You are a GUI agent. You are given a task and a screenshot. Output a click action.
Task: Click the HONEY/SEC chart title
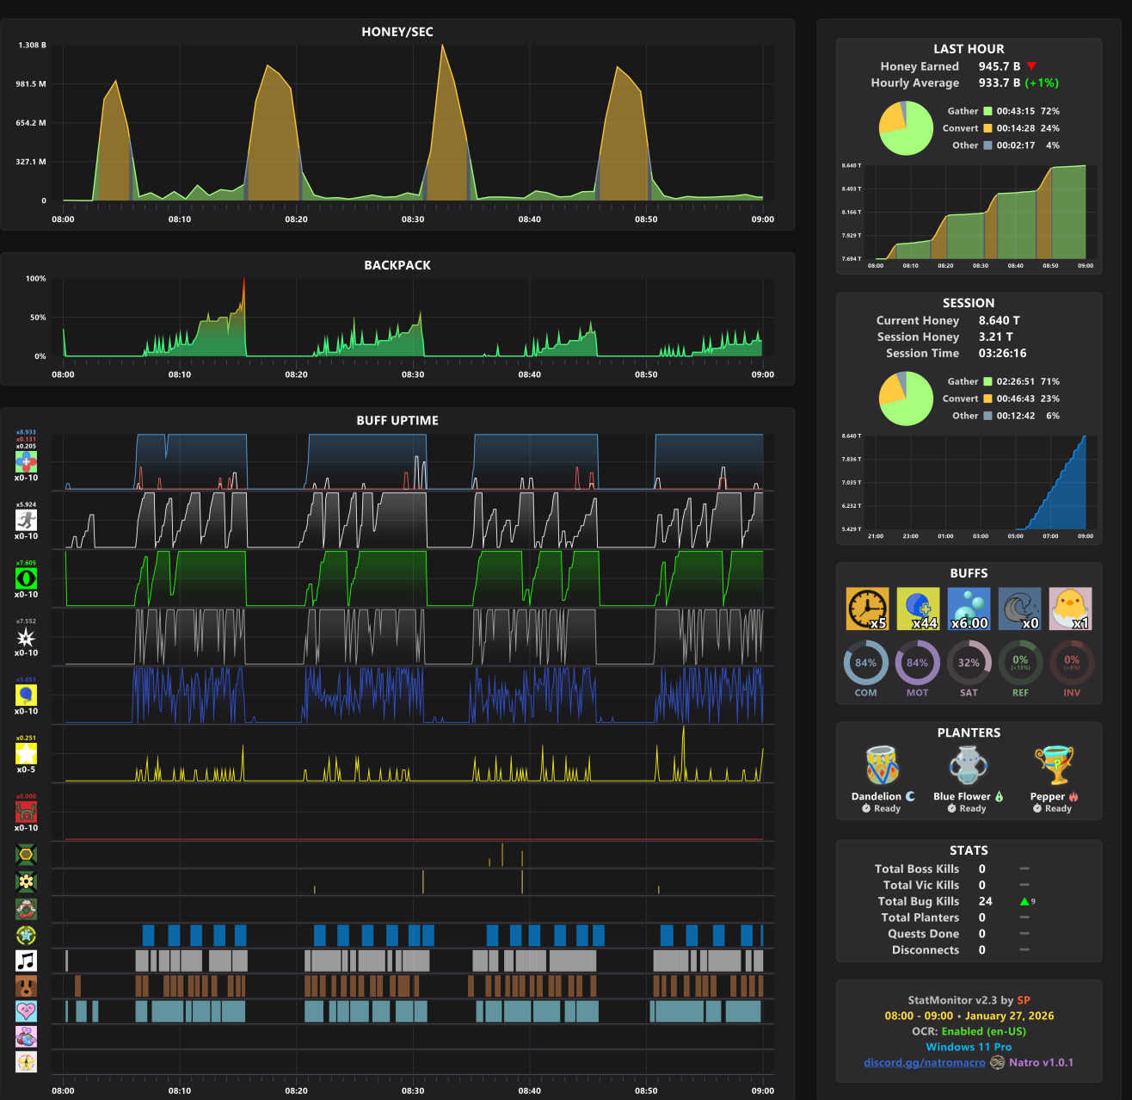pos(397,32)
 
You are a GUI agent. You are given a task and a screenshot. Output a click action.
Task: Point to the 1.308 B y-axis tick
pos(33,45)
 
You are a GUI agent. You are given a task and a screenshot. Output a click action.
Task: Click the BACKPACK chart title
pos(397,265)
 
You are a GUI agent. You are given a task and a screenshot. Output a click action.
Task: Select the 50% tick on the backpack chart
pos(38,318)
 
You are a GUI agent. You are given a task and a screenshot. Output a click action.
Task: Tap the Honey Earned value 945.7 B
pos(1000,66)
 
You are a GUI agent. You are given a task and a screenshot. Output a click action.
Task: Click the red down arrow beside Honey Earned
pos(1031,66)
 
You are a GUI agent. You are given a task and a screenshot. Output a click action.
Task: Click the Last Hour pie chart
pos(906,128)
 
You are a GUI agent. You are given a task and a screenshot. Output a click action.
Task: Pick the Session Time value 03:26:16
pos(1002,353)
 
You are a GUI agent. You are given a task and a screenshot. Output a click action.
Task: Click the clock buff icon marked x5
pos(867,609)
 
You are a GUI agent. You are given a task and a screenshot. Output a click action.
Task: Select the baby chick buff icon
pos(1071,609)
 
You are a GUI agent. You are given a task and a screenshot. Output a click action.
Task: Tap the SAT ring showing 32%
pos(969,664)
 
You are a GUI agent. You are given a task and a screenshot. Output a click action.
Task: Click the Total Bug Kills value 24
pos(986,901)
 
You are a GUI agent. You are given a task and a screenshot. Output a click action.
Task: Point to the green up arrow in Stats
pos(1024,901)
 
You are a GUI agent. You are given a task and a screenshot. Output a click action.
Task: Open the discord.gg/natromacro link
pos(925,1062)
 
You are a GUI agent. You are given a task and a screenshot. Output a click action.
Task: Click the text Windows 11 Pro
pos(969,1047)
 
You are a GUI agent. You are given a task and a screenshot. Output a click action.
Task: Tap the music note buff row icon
pos(27,961)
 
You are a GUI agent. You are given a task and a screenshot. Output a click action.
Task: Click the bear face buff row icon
pos(27,986)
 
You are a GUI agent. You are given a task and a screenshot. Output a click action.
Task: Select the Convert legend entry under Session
pos(961,399)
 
